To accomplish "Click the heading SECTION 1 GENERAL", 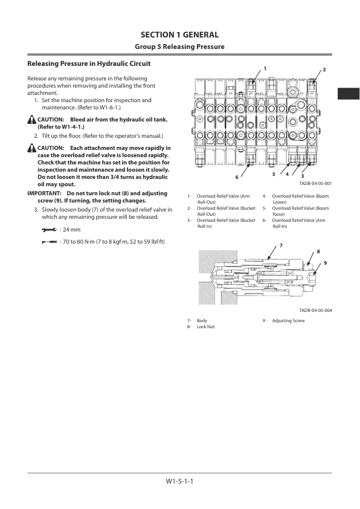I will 179,35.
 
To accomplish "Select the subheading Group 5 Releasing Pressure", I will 179,47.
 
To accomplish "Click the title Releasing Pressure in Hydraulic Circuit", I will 85,63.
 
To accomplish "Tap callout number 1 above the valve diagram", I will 264,69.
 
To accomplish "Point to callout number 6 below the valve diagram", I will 237,177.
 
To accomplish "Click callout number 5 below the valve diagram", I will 274,174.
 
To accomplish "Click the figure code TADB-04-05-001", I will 315,183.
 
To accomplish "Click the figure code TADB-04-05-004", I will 315,310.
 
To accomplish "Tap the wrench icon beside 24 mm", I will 49,230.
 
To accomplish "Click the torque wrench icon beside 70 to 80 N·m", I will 49,242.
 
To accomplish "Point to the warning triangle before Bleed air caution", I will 31,120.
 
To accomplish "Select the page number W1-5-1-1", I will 179,481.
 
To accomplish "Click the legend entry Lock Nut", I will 206,326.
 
